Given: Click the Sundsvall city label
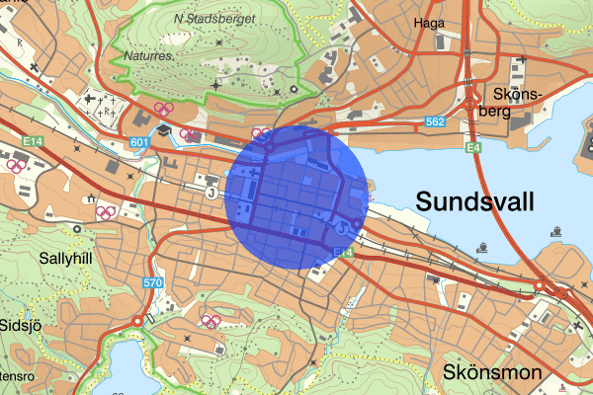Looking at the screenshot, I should [x=475, y=201].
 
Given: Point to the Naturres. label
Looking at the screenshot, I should [x=149, y=56].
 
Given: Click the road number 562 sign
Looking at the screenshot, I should [x=437, y=121].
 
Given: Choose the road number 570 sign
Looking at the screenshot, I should [x=151, y=284].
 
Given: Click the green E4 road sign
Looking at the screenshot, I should [x=474, y=148].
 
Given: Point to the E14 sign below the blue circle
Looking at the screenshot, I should [x=343, y=254].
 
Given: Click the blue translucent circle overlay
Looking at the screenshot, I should [x=296, y=197].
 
